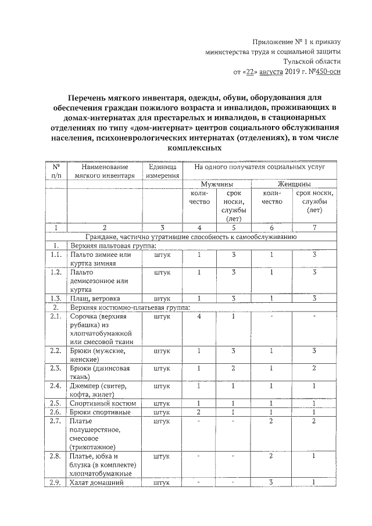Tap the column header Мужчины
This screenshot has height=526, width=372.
(217, 184)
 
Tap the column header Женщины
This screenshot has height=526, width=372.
(293, 184)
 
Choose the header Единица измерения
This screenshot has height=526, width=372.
(162, 170)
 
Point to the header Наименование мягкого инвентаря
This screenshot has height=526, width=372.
(105, 170)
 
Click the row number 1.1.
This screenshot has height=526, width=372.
(56, 255)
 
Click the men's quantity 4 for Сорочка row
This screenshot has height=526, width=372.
(199, 317)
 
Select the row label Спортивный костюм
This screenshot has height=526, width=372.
(102, 403)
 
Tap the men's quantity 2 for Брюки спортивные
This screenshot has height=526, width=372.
(199, 412)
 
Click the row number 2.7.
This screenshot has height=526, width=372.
(56, 421)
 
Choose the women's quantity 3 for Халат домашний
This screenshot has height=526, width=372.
(271, 482)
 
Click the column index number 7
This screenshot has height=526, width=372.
(313, 228)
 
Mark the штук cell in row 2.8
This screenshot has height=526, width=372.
(162, 456)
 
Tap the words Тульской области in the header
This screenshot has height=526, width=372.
(312, 61)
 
